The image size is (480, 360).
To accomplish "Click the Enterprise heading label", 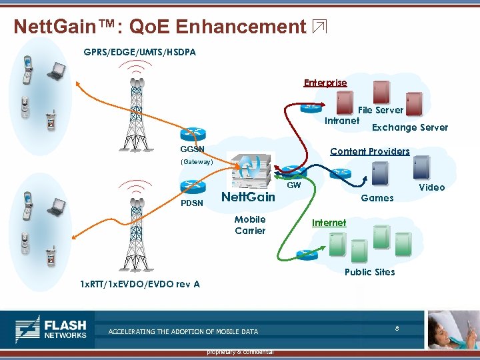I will coord(325,83).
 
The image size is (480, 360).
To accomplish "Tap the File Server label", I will coord(381,110).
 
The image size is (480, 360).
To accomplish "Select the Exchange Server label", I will coord(410,127).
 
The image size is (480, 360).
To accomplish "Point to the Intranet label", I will coord(341,121).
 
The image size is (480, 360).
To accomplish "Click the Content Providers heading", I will coord(370,151).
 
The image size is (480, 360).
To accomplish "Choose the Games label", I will coord(377,198).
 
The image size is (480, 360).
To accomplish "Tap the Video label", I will coord(431,187).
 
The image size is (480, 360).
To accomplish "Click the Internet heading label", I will coord(329,223).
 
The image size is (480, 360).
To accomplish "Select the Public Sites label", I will coord(369,272).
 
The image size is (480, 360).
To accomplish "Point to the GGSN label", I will coord(193,149).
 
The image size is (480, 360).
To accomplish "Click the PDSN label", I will coord(192,203).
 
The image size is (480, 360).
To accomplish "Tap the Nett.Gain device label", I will coord(248,197).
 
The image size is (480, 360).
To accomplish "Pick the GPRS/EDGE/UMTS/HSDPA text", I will coord(140,52).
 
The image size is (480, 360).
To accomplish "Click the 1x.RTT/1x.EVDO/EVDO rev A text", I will coord(140,284).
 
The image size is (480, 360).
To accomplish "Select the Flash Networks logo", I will coord(51,329).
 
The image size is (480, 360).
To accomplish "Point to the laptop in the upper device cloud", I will coord(55,70).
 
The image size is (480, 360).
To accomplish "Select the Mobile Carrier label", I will coord(250,225).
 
